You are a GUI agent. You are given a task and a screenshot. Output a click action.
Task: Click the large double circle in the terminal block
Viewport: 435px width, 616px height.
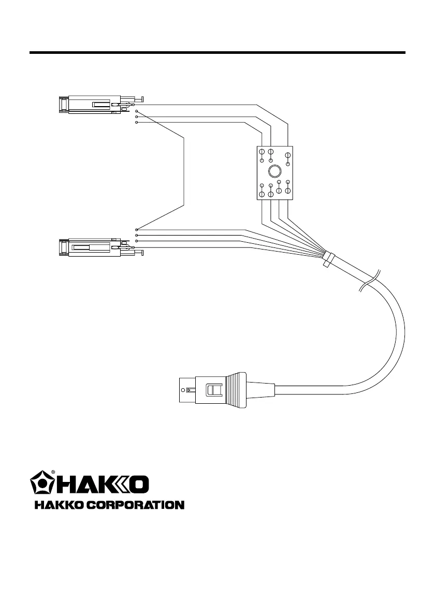coord(275,171)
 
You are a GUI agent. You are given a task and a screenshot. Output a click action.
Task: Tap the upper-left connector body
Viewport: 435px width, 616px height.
coord(91,105)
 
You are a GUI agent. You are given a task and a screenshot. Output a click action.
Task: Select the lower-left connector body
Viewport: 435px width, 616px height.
coord(91,247)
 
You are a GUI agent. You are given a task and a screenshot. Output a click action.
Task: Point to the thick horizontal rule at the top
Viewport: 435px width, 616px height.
coord(218,52)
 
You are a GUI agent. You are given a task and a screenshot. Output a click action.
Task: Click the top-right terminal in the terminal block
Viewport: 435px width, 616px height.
coord(288,155)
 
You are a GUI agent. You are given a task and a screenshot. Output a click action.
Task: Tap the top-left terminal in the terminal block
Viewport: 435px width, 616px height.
coord(262,152)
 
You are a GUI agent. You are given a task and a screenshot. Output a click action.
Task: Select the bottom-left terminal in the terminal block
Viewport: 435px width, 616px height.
coord(262,194)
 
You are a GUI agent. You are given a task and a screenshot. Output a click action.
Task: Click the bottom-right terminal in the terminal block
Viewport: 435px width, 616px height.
coord(288,191)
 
